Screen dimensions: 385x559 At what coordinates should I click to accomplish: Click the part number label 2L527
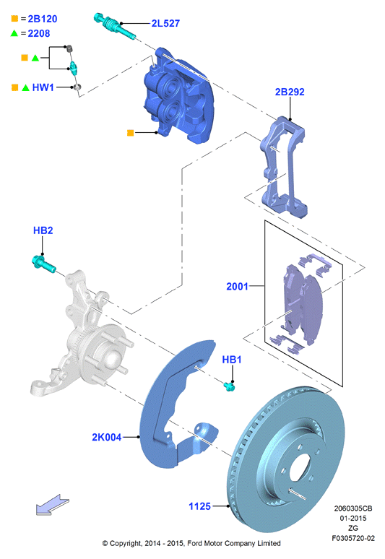165,23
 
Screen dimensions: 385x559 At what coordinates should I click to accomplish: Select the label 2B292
290,92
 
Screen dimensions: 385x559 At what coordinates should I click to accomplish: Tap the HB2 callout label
43,230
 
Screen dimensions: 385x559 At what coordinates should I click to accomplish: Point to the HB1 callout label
232,360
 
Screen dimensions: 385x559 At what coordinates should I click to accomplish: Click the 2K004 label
107,437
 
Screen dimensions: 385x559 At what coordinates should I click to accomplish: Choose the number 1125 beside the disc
199,506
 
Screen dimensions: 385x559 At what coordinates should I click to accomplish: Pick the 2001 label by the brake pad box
237,286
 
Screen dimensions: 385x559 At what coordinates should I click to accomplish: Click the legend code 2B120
43,19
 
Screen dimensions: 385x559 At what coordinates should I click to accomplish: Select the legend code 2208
39,33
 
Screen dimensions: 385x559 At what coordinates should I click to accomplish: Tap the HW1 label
43,87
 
